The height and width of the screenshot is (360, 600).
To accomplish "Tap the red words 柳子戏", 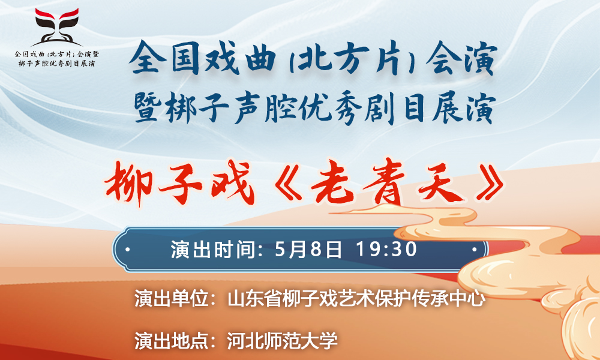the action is pos(179,183).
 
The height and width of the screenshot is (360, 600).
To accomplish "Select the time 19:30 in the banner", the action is pos(386,250).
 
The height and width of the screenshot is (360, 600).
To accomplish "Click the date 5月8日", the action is pos(308,250).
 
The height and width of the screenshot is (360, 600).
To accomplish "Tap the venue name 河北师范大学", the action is pos(282,340).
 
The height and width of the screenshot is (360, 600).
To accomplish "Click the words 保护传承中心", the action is pos(430,299).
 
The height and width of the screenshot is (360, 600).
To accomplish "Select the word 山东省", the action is pos(254,299).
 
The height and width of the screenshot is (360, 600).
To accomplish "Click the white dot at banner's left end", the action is pos(127,250).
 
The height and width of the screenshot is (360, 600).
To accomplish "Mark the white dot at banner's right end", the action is pos(474,250).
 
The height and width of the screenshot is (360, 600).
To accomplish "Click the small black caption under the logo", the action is pos(57,59).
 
